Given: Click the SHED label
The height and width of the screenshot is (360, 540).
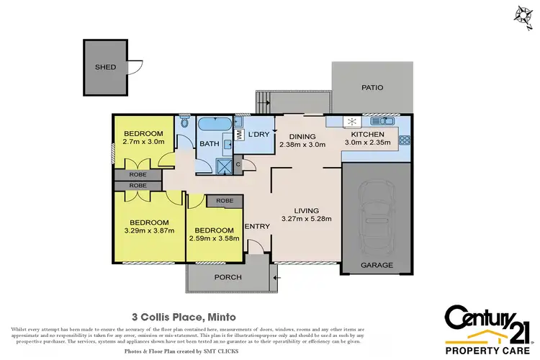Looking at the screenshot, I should (x=105, y=67).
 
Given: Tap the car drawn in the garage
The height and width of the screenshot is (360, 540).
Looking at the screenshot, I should (x=377, y=215).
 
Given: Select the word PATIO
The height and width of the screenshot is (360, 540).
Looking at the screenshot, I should (x=372, y=88).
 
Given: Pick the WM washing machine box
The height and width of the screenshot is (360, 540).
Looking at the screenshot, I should (x=239, y=135).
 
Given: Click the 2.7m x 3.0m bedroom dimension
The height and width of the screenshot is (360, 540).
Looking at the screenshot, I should (x=145, y=142).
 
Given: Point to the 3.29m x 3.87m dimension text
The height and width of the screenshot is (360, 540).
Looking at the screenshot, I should (x=149, y=231).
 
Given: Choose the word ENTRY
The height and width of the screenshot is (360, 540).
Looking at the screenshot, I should (x=257, y=227).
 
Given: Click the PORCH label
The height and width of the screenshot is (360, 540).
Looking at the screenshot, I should (x=227, y=276).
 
